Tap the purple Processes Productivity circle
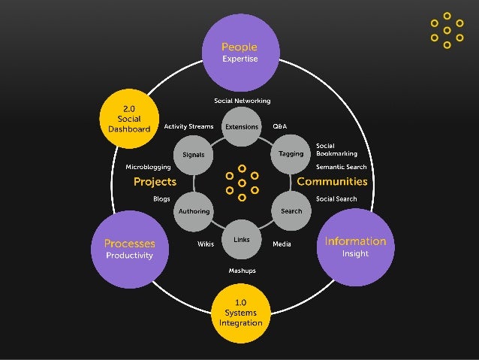(129, 249)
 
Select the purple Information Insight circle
(354, 247)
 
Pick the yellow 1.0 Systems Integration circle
(240, 313)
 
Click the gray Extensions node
(242, 127)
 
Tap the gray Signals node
(194, 155)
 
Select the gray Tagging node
(291, 153)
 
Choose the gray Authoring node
(194, 211)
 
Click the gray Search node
(291, 211)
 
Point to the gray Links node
(242, 240)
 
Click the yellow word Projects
(155, 182)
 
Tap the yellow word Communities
(332, 182)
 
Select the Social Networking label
(242, 101)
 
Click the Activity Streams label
(188, 126)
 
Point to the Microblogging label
(148, 167)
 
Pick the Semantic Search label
(341, 167)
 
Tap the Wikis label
(205, 244)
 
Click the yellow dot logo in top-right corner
(447, 31)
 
